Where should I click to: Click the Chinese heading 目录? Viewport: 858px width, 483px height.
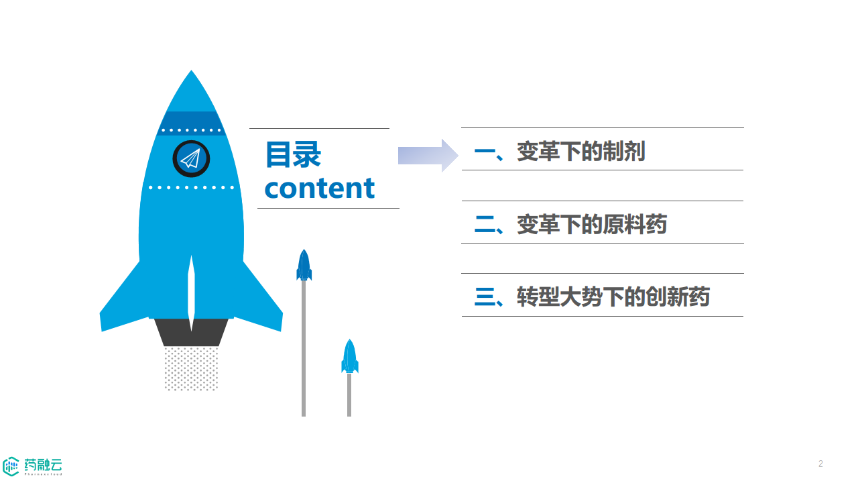tap(293, 155)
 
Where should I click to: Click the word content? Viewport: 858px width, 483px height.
tap(320, 188)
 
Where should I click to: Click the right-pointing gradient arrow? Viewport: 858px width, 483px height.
tap(428, 156)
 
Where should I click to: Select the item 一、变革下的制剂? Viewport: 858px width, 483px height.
tap(559, 152)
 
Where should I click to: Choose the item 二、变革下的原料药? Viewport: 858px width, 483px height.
tap(570, 224)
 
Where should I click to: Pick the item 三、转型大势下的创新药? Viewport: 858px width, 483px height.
tap(592, 297)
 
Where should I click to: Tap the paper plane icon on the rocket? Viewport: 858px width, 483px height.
tap(191, 159)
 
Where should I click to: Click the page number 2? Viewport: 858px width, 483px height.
tap(820, 464)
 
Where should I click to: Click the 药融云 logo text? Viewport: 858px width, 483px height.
tap(44, 464)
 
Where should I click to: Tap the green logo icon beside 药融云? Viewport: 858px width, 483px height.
tap(11, 466)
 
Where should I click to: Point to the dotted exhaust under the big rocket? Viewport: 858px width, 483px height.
tap(191, 368)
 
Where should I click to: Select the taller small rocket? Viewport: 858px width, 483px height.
tap(304, 265)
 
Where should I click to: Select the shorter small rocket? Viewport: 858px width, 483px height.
tap(349, 356)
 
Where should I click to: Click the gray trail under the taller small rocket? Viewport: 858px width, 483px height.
tap(304, 349)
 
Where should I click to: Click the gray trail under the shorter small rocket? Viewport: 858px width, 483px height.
tap(349, 396)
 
